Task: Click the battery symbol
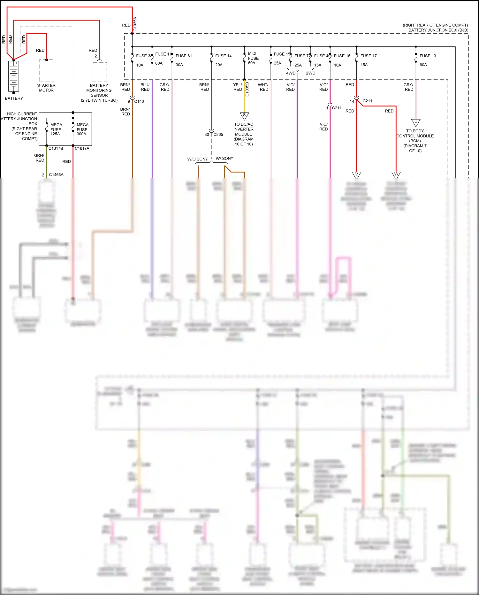pyautogui.click(x=13, y=76)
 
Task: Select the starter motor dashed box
pyautogui.click(x=47, y=70)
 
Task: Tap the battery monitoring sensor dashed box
pyautogui.click(x=99, y=72)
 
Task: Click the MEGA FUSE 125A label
pyautogui.click(x=56, y=129)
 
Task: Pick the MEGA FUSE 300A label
pyautogui.click(x=82, y=129)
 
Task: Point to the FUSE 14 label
pyautogui.click(x=223, y=56)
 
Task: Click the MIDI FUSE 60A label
pyautogui.click(x=253, y=58)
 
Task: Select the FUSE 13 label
pyautogui.click(x=428, y=56)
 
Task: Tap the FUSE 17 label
pyautogui.click(x=369, y=56)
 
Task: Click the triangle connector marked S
pyautogui.click(x=244, y=115)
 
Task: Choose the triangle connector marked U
pyautogui.click(x=415, y=122)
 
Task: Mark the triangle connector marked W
pyautogui.click(x=396, y=175)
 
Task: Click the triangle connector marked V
pyautogui.click(x=356, y=175)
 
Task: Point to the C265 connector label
pyautogui.click(x=218, y=134)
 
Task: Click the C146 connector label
pyautogui.click(x=139, y=101)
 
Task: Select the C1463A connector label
pyautogui.click(x=56, y=175)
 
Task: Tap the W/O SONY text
pyautogui.click(x=197, y=159)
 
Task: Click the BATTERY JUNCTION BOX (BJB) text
pyautogui.click(x=438, y=30)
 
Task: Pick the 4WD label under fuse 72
pyautogui.click(x=291, y=73)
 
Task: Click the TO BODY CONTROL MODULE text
pyautogui.click(x=415, y=133)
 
